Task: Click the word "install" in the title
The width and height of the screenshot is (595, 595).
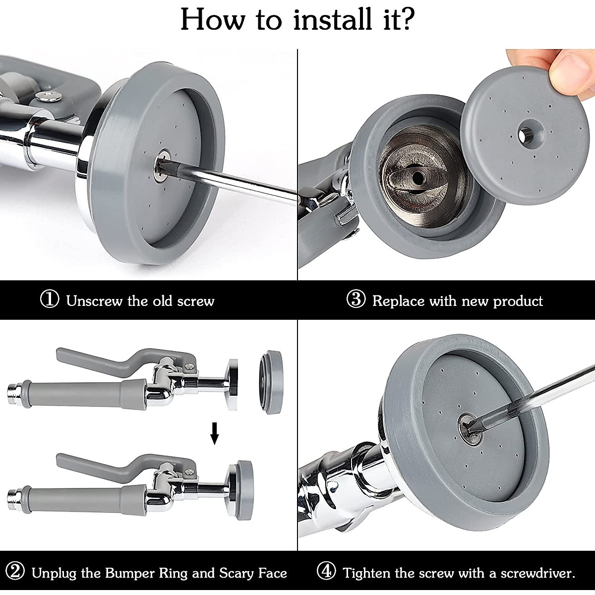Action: click(334, 19)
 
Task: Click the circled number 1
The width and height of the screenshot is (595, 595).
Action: click(50, 299)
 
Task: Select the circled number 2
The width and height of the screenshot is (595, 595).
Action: click(15, 571)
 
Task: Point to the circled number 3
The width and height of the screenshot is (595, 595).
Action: click(356, 299)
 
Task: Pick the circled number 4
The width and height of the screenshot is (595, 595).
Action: click(327, 571)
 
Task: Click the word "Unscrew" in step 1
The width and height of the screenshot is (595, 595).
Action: click(95, 300)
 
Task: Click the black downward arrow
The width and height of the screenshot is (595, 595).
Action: click(215, 433)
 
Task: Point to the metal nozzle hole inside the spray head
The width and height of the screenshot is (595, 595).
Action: click(418, 177)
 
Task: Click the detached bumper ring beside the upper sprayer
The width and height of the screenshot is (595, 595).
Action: click(271, 382)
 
